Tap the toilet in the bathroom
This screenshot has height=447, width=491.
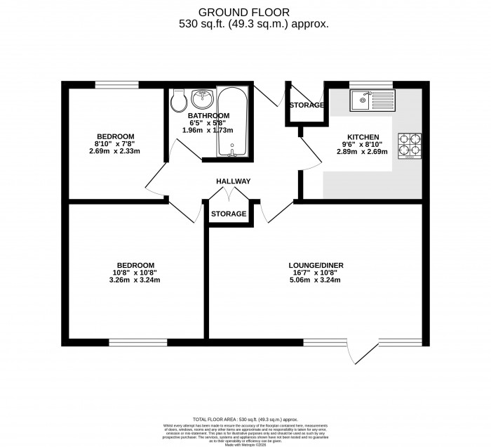click(x=178, y=101)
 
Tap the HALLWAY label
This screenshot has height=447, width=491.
click(x=233, y=181)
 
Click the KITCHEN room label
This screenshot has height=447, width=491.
click(x=363, y=137)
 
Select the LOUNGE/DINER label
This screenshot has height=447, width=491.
click(x=316, y=266)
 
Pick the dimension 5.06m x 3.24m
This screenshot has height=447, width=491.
click(x=316, y=280)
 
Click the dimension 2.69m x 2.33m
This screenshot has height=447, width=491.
click(x=115, y=150)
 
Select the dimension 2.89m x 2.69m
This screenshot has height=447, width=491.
click(x=363, y=151)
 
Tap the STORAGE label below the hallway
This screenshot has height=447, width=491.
click(x=229, y=214)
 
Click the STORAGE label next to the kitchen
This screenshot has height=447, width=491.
click(x=307, y=105)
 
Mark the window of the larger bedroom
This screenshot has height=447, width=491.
click(x=138, y=343)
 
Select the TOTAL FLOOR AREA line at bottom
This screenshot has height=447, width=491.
click(x=245, y=419)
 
